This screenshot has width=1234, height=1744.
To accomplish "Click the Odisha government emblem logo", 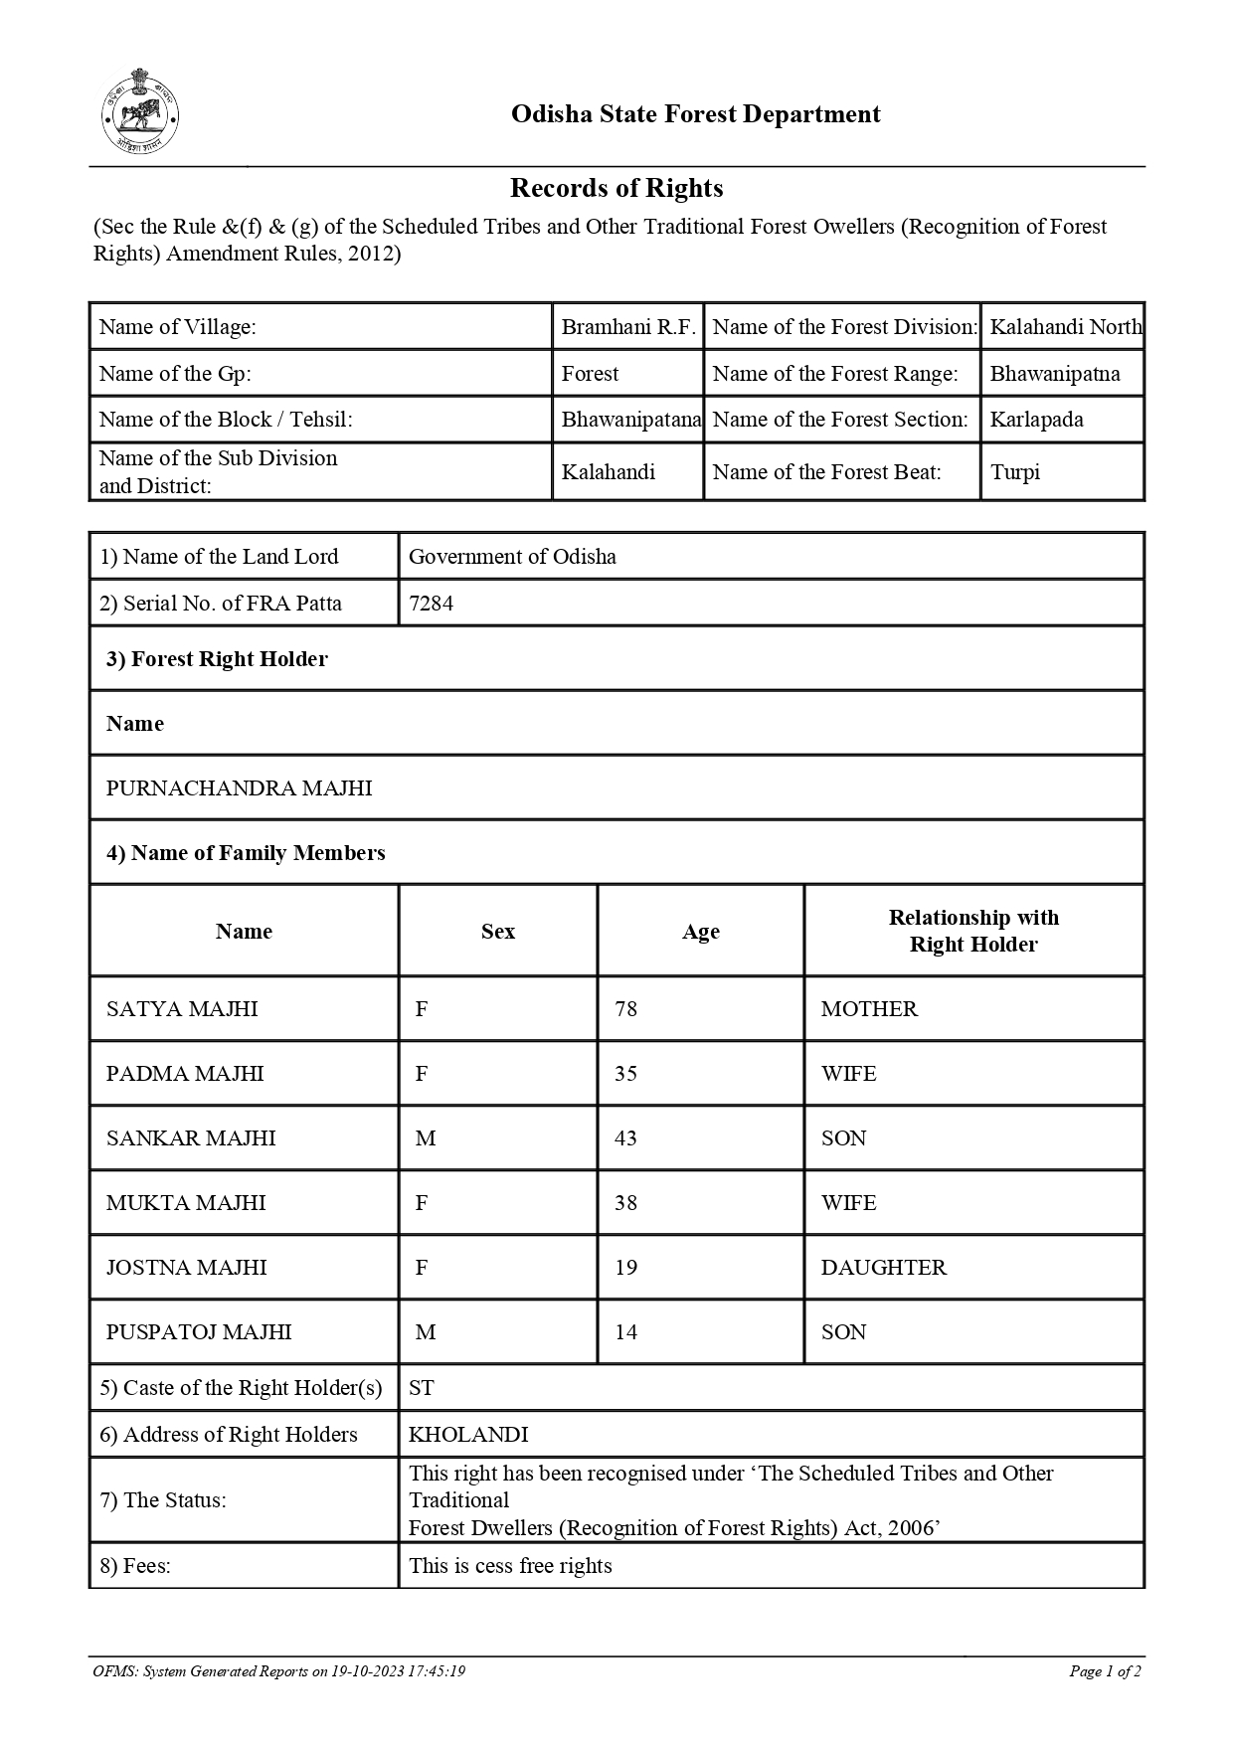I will click(x=140, y=110).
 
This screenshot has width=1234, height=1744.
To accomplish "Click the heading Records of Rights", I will click(x=617, y=188).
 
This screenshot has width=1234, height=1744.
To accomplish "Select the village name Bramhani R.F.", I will click(x=628, y=327).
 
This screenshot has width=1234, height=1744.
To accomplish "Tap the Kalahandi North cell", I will click(x=1065, y=327).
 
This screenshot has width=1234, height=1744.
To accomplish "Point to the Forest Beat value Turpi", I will click(x=1014, y=472).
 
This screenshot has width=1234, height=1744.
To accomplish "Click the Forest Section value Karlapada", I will click(x=1036, y=420).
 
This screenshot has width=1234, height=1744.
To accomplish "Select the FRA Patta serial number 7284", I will click(x=431, y=604).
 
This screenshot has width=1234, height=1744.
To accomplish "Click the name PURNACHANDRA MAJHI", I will click(x=239, y=788).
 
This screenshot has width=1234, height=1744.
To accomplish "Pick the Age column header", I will click(x=700, y=932).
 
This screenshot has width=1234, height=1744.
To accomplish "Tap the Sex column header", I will click(x=498, y=932).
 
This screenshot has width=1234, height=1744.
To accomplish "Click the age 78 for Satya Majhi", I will click(x=625, y=1009).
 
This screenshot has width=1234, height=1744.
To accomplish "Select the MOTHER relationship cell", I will click(x=869, y=1009).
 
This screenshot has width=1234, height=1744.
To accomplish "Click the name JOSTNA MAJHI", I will click(x=186, y=1268).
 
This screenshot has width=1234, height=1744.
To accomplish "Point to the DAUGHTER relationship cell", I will click(x=883, y=1268).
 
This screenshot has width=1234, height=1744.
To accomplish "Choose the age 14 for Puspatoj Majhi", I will click(x=625, y=1332).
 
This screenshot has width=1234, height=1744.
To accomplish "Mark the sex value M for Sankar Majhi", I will click(x=426, y=1138).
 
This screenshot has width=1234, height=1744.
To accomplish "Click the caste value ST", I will click(x=421, y=1388).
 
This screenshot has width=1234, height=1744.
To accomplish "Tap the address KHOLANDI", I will click(x=468, y=1435).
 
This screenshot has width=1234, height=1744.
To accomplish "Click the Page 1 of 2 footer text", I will click(x=1104, y=1671).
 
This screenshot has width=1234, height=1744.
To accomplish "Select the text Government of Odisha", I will click(x=512, y=557).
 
